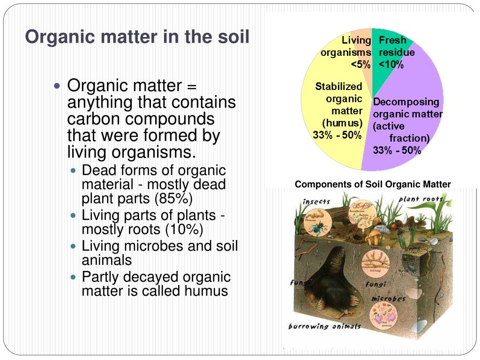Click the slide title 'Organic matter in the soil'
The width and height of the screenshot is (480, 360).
(137, 37)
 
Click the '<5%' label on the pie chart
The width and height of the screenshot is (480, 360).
(360, 65)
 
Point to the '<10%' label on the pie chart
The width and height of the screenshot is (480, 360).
(391, 65)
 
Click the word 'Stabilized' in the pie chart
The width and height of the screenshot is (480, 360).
(338, 86)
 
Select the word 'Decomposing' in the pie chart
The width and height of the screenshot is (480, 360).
(406, 102)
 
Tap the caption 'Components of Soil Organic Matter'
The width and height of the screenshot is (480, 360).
(373, 184)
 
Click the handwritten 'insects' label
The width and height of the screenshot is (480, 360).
(316, 202)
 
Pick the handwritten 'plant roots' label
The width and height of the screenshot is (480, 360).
(420, 199)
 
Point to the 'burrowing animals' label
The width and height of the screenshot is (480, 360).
(324, 326)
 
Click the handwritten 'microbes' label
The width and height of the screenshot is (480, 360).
(388, 299)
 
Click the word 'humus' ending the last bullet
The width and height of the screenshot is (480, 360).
(206, 291)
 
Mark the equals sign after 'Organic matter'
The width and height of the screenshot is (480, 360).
(191, 86)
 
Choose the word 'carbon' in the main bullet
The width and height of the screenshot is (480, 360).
(92, 119)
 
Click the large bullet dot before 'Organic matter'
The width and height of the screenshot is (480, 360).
(58, 86)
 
